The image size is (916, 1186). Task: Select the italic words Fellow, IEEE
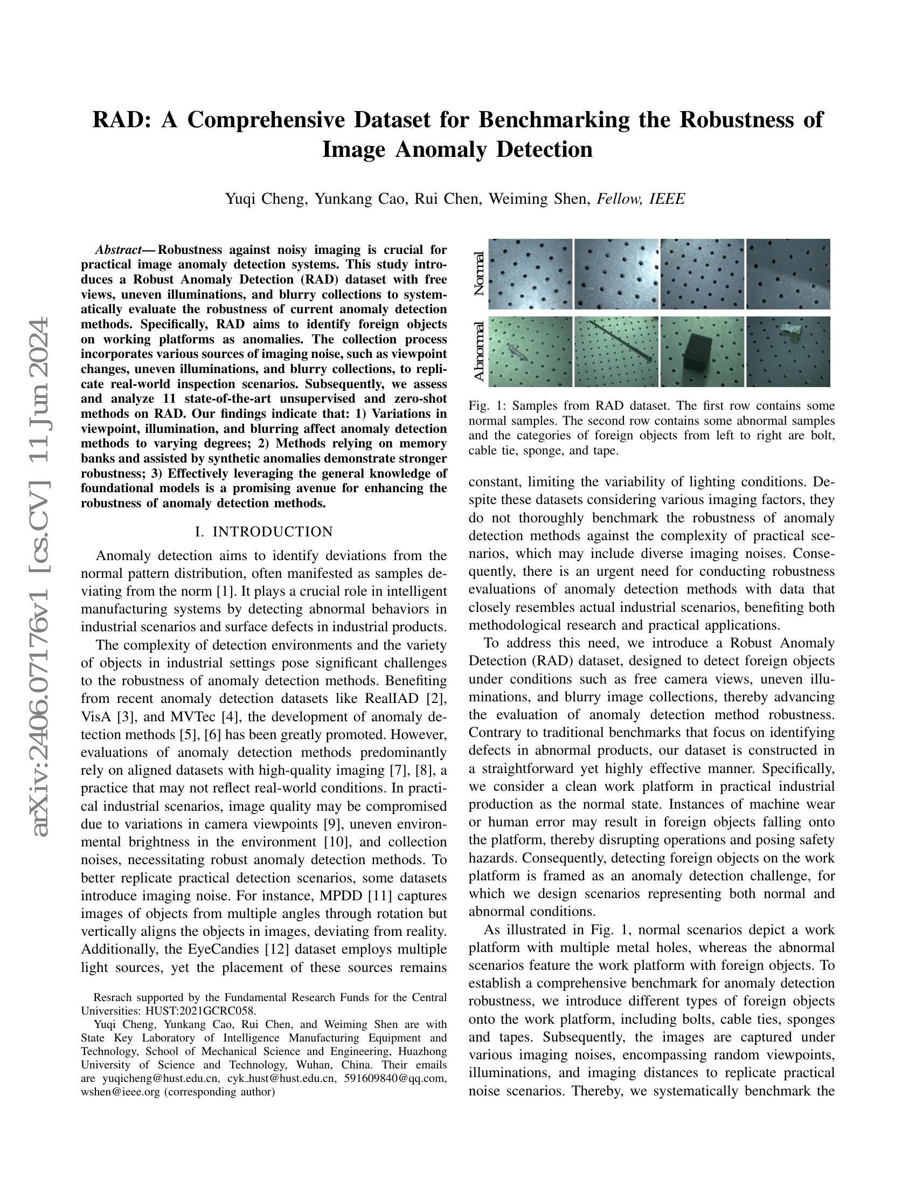pos(640,199)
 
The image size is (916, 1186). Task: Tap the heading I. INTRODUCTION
pos(263,532)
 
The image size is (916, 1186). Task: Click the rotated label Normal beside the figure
pos(478,274)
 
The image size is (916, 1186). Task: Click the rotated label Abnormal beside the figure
pos(478,352)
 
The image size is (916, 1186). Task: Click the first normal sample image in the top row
pos(530,274)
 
